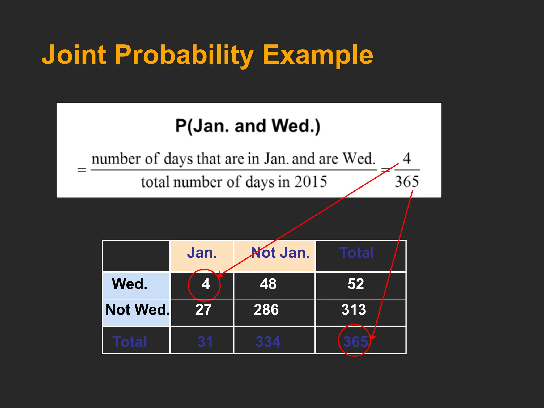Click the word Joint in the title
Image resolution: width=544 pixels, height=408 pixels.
(x=74, y=55)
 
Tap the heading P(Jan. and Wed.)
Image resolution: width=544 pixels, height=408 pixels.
(x=248, y=126)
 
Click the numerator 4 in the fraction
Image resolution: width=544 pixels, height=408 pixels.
(x=407, y=159)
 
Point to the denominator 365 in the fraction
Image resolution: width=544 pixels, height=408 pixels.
(x=406, y=182)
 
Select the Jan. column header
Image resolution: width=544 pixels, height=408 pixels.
(x=202, y=253)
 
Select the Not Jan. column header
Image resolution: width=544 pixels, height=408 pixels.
(x=280, y=253)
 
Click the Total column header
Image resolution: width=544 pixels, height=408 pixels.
(x=357, y=253)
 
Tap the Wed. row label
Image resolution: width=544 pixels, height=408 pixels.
(x=130, y=284)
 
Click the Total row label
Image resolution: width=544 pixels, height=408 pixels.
(x=130, y=342)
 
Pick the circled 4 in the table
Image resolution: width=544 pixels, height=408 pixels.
(x=206, y=284)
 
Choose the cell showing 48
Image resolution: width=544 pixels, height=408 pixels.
(x=268, y=284)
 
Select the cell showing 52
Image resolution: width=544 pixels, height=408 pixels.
(x=356, y=284)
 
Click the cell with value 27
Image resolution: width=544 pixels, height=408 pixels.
(x=203, y=310)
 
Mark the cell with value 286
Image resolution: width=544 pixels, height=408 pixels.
(x=266, y=310)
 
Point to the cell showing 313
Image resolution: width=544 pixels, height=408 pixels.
(x=354, y=310)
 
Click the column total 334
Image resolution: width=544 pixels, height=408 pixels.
(x=268, y=342)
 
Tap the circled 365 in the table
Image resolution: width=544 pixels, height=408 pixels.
(x=355, y=342)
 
